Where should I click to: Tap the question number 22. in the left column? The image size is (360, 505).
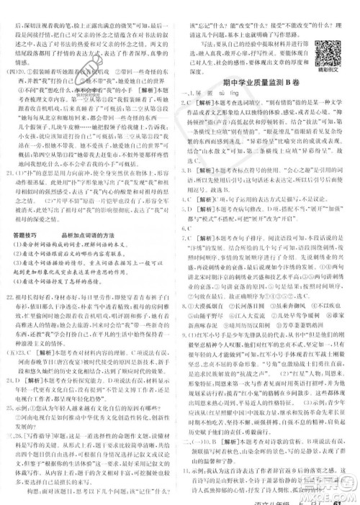[10, 295]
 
